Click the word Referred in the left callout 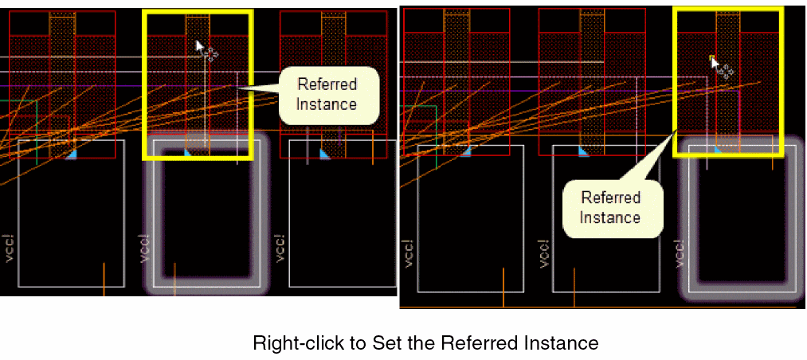(x=327, y=84)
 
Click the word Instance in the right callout (x=610, y=217)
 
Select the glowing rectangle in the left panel (x=204, y=213)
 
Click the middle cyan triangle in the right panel (x=584, y=151)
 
